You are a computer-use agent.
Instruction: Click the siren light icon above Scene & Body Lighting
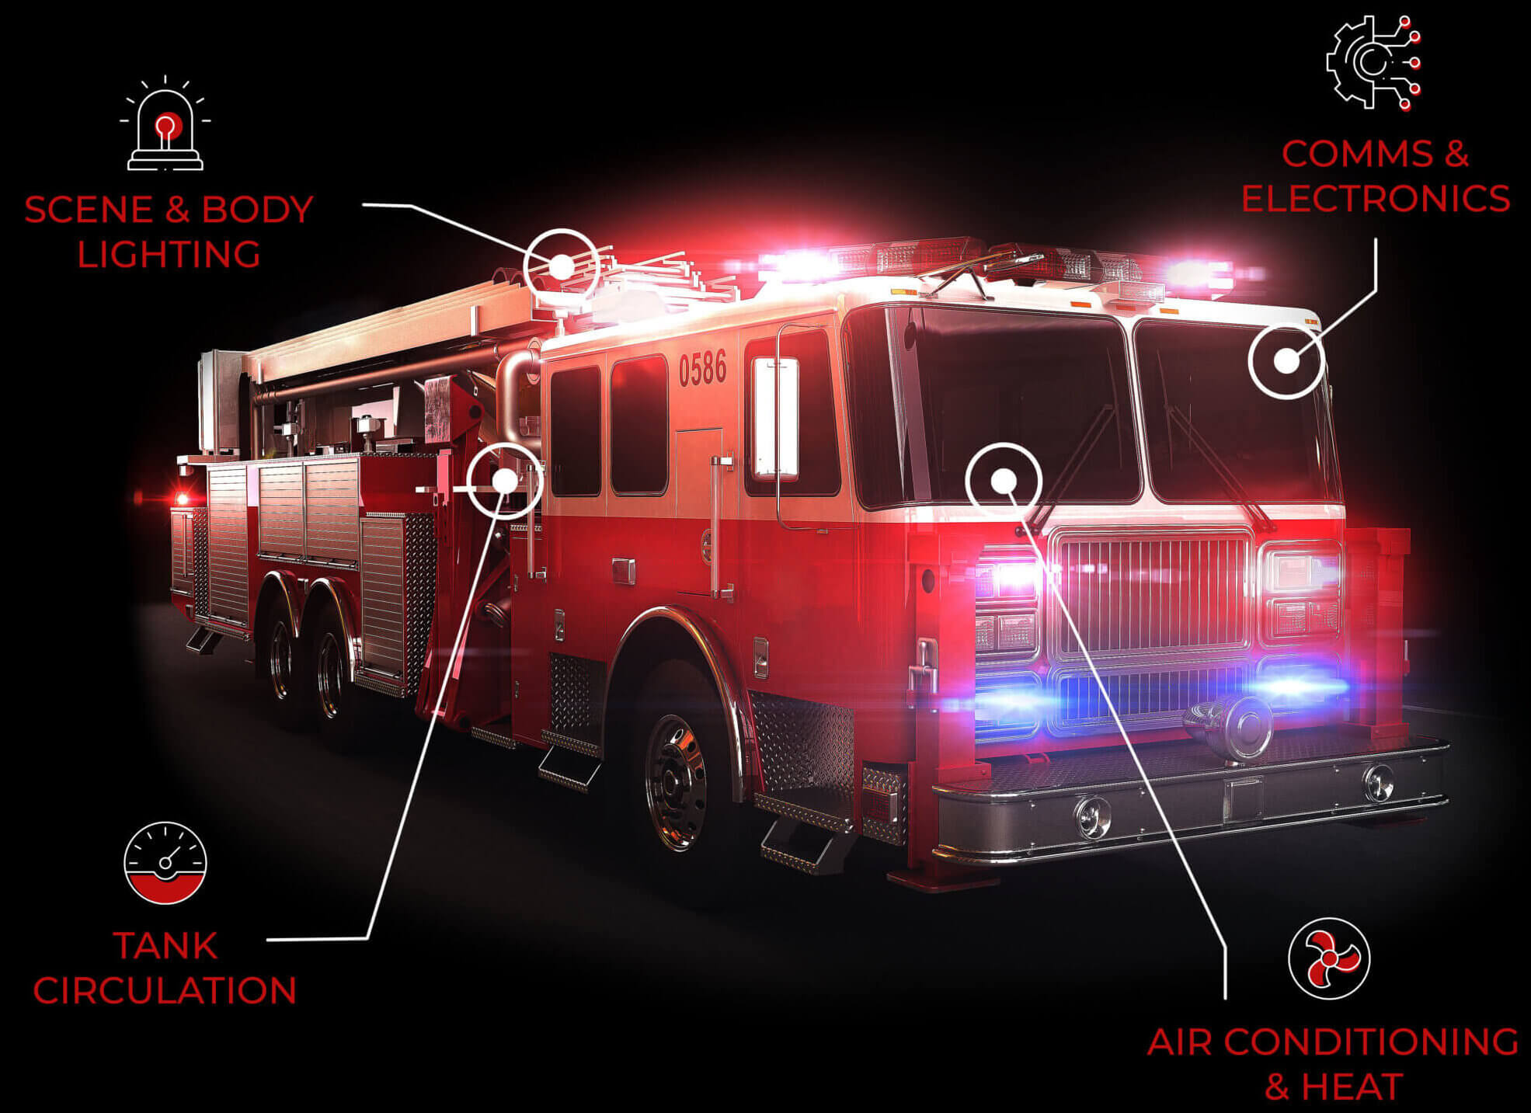(x=165, y=124)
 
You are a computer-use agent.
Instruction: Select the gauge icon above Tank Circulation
(x=165, y=862)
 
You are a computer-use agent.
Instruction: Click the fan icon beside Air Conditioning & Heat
(x=1328, y=958)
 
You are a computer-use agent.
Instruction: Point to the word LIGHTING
(x=169, y=255)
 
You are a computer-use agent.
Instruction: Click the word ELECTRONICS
(x=1375, y=198)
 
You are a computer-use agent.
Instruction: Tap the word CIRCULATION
(x=165, y=990)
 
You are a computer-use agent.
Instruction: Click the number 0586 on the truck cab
(x=702, y=368)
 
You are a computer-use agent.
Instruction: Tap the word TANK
(x=165, y=945)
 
